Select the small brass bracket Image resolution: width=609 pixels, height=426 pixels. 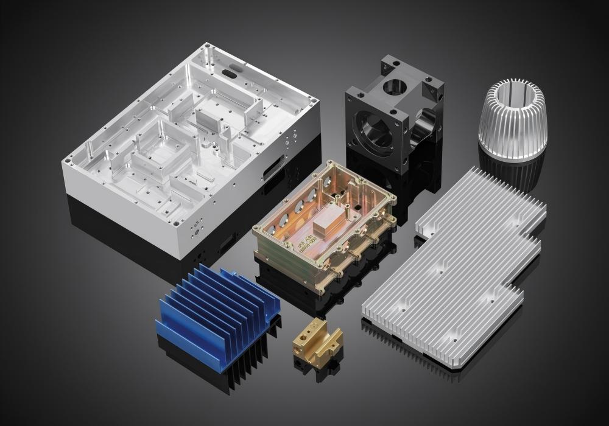[316, 341]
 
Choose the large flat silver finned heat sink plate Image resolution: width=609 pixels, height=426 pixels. [463, 268]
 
